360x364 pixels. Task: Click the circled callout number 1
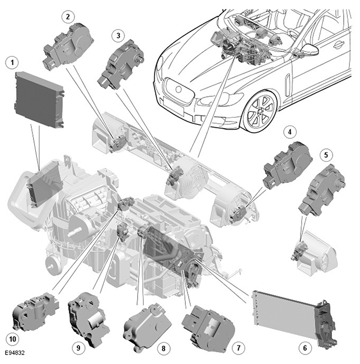pyautogui.click(x=12, y=63)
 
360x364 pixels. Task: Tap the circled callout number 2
pyautogui.click(x=68, y=17)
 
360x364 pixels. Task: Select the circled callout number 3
pyautogui.click(x=118, y=36)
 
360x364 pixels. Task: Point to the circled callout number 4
pyautogui.click(x=289, y=132)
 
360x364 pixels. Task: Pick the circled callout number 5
pyautogui.click(x=326, y=155)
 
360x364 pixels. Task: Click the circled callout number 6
pyautogui.click(x=305, y=348)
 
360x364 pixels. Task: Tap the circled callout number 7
pyautogui.click(x=239, y=348)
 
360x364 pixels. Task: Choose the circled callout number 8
pyautogui.click(x=163, y=348)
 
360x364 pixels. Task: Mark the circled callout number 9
pyautogui.click(x=78, y=348)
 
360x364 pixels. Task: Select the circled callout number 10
pyautogui.click(x=12, y=339)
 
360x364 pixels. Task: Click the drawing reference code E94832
pyautogui.click(x=15, y=353)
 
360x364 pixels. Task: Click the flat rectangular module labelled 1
pyautogui.click(x=39, y=100)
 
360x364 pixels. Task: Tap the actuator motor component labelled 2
pyautogui.click(x=68, y=46)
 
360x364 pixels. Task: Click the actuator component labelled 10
pyautogui.click(x=35, y=311)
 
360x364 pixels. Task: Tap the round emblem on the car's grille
pyautogui.click(x=179, y=89)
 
